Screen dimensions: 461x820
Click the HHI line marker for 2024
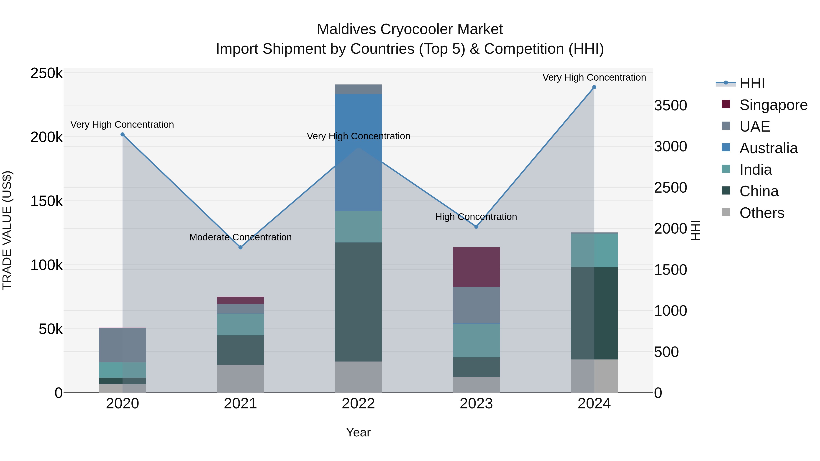pos(594,87)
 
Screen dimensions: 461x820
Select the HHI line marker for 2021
pos(240,247)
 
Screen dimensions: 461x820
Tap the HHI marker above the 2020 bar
pos(123,135)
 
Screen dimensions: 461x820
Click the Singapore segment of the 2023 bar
pos(476,267)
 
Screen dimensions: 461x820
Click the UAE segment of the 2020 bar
pos(123,345)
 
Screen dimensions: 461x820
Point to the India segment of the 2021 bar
pos(240,324)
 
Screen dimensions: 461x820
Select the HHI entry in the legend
pos(752,83)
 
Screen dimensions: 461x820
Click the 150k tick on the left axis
pos(46,201)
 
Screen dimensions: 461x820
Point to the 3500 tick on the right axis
pos(670,106)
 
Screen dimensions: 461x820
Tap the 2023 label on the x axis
pos(476,404)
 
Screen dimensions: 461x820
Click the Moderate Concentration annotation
pos(240,237)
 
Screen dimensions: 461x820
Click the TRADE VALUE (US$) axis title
pos(7,230)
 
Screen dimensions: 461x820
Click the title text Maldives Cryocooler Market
pos(410,29)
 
